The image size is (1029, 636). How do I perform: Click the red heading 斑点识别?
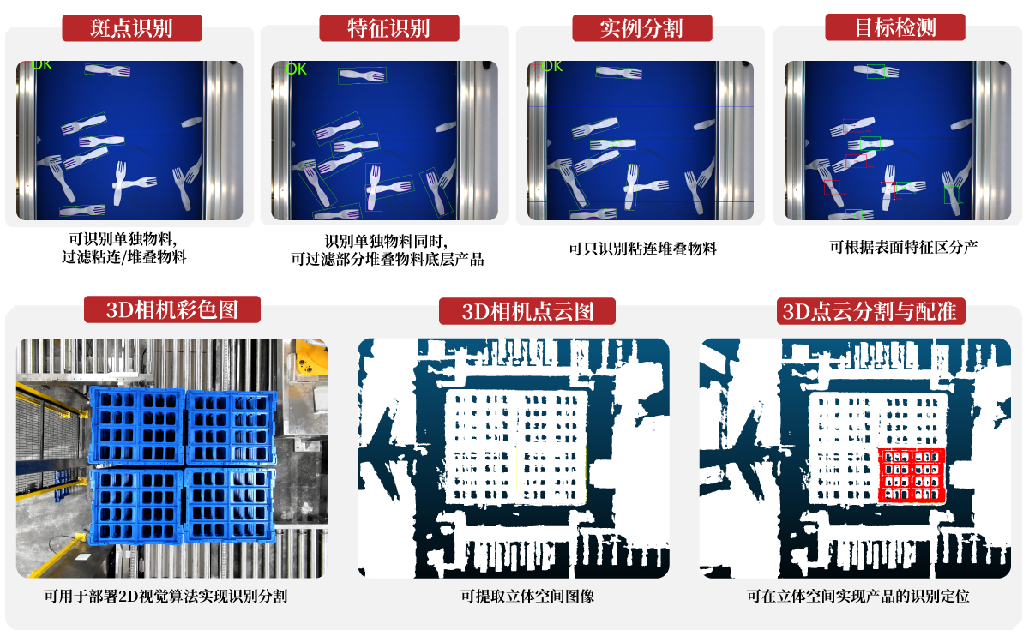(x=131, y=28)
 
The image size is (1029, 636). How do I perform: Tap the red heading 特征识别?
(x=388, y=28)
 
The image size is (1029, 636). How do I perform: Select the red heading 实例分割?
(x=641, y=28)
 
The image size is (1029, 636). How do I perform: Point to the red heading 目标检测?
(x=895, y=27)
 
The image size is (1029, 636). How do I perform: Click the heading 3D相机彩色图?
(x=171, y=310)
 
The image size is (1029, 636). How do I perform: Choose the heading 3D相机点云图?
(x=527, y=312)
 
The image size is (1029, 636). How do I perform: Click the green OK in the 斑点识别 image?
(x=42, y=65)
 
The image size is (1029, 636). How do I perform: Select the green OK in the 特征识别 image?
(x=296, y=69)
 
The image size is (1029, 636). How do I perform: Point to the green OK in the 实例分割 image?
(x=551, y=67)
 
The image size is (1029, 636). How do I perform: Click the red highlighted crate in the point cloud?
(x=912, y=476)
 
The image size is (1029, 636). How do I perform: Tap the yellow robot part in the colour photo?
(x=310, y=357)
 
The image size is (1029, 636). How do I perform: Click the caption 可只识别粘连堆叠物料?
(x=642, y=249)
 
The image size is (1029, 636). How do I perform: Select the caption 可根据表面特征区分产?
(x=904, y=247)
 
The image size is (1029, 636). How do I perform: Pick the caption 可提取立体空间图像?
(x=527, y=596)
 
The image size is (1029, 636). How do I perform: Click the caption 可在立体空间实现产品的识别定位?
(x=857, y=596)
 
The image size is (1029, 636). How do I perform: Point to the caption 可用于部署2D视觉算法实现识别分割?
(x=165, y=596)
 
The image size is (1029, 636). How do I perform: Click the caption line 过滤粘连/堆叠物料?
(x=124, y=257)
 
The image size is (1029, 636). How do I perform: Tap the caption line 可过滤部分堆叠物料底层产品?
(x=388, y=260)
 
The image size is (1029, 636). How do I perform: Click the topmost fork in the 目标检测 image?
(x=876, y=72)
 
